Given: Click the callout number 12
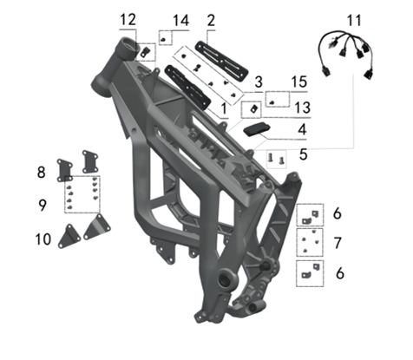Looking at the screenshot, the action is click(128, 20).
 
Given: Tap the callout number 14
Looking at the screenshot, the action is click(181, 21).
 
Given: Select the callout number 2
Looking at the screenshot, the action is click(211, 21).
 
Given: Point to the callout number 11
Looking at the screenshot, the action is click(354, 21).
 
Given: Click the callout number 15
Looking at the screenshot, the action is click(299, 82).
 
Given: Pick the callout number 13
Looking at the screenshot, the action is click(303, 108).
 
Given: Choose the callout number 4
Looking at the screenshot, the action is click(302, 129).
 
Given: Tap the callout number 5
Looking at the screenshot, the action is click(303, 154).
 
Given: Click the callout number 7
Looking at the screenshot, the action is click(338, 243).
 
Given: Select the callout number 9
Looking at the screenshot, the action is click(43, 205).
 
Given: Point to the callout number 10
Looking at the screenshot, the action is click(43, 239).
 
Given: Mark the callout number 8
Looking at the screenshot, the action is click(42, 173).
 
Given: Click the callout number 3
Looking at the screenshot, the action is click(259, 82).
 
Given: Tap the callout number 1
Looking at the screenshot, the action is click(224, 109).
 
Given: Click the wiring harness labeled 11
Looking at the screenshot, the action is click(345, 53).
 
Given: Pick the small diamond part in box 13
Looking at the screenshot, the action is click(254, 109).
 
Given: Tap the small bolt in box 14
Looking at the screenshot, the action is click(164, 41).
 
